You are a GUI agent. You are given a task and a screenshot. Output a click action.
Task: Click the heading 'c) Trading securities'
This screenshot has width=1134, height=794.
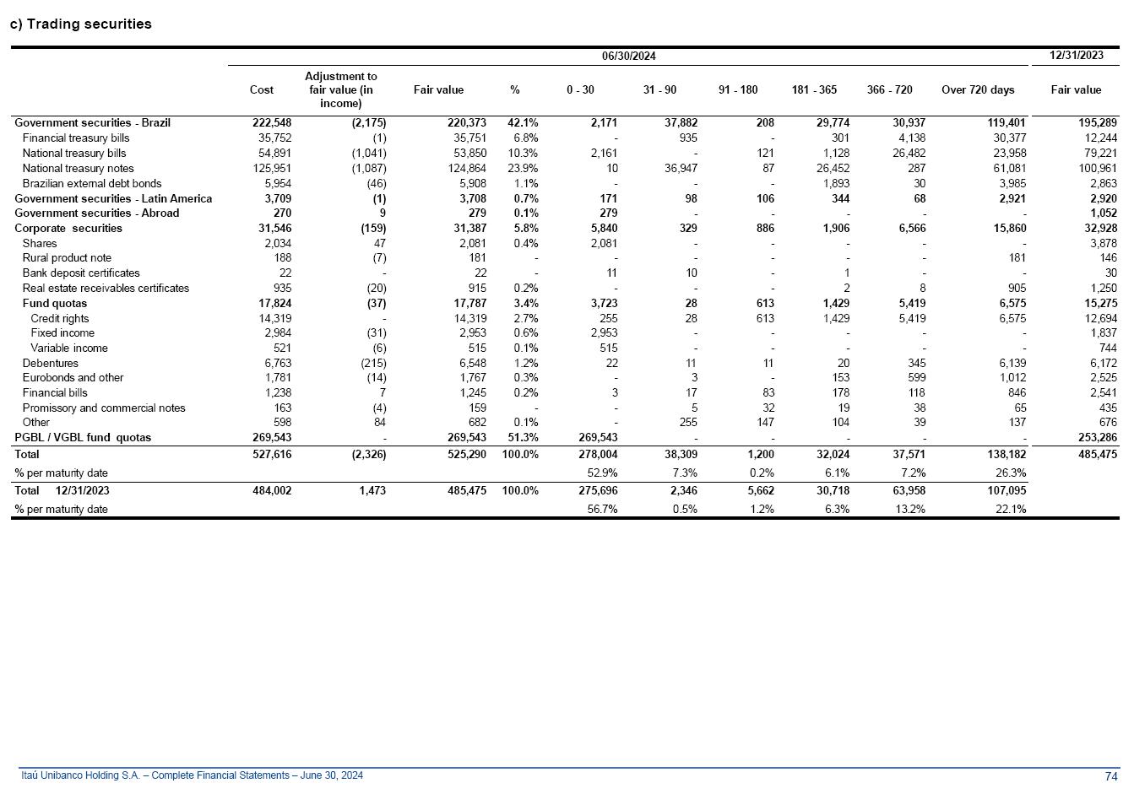click(81, 24)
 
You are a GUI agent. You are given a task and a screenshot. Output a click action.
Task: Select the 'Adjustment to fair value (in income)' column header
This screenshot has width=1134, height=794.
click(340, 89)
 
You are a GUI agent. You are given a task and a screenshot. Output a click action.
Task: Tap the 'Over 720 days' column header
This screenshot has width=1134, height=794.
click(978, 89)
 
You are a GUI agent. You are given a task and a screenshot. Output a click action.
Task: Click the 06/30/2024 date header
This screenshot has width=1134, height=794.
click(628, 57)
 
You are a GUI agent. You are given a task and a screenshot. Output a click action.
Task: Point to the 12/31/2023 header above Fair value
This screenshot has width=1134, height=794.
click(1076, 55)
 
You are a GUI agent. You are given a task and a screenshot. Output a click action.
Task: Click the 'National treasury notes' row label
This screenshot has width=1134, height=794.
click(78, 169)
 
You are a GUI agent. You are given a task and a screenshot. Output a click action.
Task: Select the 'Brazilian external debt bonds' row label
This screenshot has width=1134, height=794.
click(91, 184)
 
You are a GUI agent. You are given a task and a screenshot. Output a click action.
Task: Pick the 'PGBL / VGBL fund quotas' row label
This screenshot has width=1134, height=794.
click(83, 438)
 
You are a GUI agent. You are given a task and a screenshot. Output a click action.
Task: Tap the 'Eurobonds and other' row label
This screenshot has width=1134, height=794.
click(73, 378)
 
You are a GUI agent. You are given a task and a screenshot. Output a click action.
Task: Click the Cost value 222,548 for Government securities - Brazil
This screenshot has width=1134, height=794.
click(272, 123)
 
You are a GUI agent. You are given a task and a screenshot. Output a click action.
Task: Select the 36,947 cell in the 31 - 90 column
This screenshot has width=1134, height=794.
click(681, 169)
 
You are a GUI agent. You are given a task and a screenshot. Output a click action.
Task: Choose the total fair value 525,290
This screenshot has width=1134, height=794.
click(466, 455)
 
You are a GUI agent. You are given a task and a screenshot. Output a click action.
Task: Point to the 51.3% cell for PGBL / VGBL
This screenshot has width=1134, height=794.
click(523, 438)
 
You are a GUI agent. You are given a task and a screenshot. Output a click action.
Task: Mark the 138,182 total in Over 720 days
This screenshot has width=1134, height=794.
click(1005, 455)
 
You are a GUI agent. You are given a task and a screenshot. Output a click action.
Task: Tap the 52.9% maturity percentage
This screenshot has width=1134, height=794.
click(602, 473)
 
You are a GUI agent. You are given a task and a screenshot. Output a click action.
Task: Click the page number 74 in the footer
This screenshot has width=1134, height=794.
click(1111, 776)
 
